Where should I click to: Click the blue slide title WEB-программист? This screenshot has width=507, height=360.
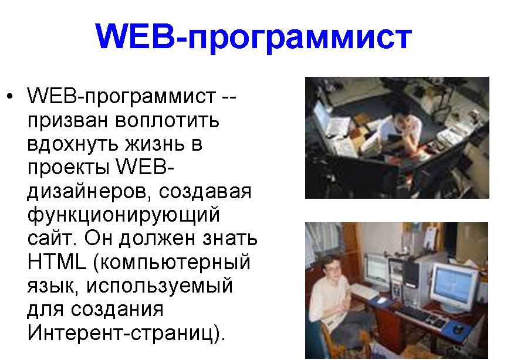(253, 36)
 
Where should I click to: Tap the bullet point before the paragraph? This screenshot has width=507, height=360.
(11, 96)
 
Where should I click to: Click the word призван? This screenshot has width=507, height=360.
(67, 121)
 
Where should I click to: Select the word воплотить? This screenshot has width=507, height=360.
(167, 120)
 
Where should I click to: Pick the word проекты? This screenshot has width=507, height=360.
(68, 168)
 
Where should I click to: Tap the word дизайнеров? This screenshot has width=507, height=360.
(89, 192)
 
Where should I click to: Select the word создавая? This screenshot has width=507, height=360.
(205, 192)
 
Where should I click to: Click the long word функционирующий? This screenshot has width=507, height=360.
(124, 216)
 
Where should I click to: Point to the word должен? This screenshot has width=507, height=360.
(157, 239)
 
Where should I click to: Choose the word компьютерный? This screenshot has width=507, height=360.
(175, 263)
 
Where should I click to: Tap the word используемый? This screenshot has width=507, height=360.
(160, 286)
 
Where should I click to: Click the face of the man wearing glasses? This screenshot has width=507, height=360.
(333, 269)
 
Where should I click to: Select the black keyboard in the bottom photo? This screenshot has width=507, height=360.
(421, 315)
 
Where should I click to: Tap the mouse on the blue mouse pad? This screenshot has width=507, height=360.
(458, 329)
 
